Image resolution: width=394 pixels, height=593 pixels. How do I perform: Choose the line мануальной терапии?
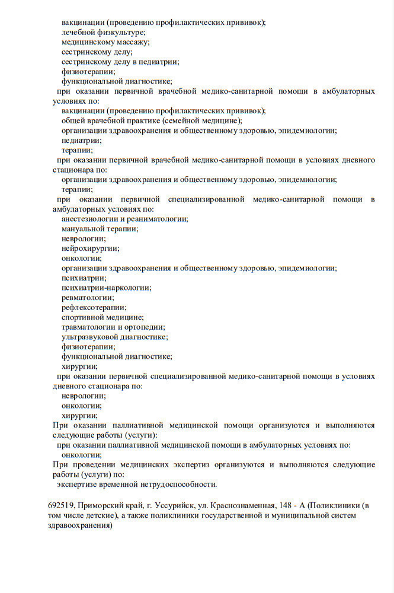point(99,228)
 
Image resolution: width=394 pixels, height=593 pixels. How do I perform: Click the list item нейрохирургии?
point(90,248)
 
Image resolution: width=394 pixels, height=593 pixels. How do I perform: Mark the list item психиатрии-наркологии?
point(106,288)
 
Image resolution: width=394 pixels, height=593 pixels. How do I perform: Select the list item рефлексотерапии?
point(94,307)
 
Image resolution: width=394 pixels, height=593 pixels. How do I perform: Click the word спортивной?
point(84,317)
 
